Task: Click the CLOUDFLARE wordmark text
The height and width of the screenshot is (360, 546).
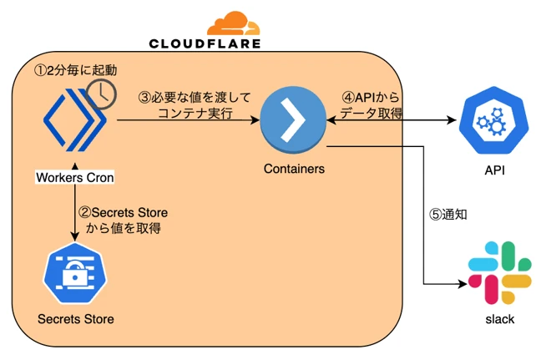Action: click(205, 43)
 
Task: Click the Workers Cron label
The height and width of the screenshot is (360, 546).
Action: click(74, 177)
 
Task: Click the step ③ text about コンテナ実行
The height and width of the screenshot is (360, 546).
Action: click(195, 103)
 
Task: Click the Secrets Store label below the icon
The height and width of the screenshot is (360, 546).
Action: click(75, 318)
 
